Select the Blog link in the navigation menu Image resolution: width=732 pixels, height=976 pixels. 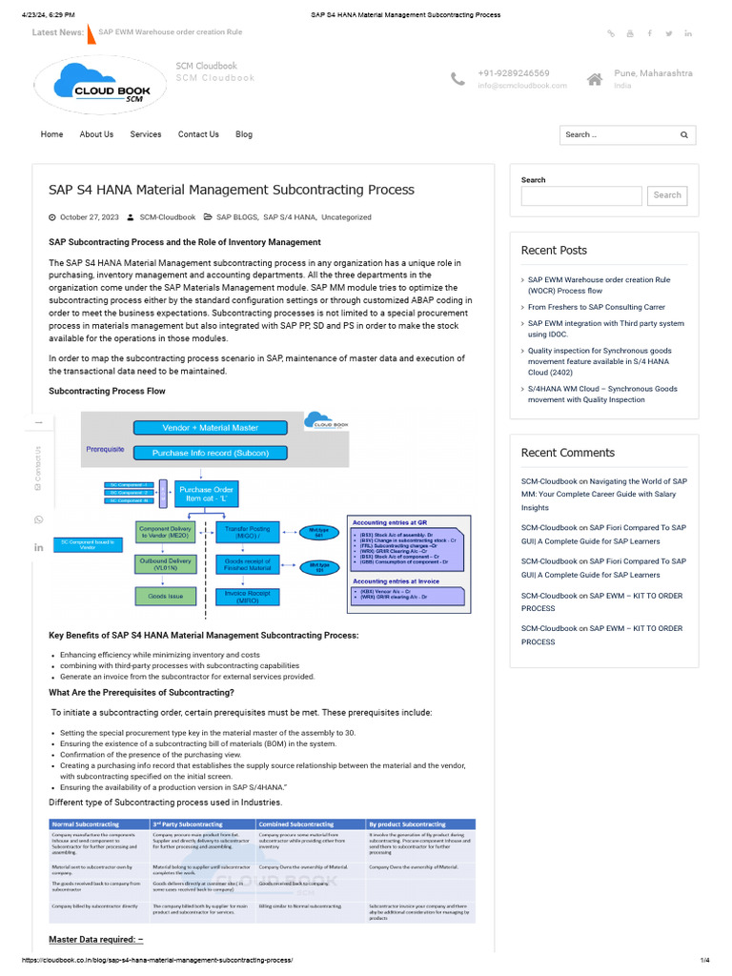tap(244, 134)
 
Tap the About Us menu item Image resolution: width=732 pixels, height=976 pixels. tap(96, 134)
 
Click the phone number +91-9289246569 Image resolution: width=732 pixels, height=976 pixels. tap(513, 73)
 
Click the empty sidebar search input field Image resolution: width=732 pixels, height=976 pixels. tap(581, 195)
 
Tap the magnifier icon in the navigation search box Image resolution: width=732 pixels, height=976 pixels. tap(683, 135)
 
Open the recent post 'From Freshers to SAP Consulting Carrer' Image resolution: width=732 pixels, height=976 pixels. tap(597, 307)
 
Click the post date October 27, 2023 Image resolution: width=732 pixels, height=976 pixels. tap(90, 217)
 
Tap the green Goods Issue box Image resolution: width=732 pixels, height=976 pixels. tap(166, 596)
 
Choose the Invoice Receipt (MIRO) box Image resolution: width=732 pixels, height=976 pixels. tap(247, 596)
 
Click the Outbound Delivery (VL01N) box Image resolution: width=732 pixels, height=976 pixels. tap(166, 564)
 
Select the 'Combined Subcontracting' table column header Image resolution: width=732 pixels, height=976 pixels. tap(295, 823)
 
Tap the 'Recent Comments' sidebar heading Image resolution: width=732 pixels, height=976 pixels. tap(568, 453)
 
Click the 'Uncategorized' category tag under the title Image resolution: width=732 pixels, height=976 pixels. tap(346, 217)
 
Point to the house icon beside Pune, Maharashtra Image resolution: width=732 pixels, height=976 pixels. tap(595, 78)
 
